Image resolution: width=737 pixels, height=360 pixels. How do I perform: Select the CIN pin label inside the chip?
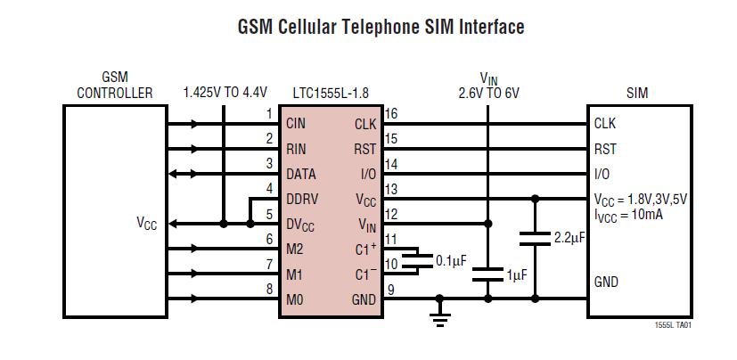click(x=296, y=124)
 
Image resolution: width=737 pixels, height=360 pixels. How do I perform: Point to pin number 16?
click(x=390, y=114)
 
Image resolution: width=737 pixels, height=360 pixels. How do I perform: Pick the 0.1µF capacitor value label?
click(x=451, y=260)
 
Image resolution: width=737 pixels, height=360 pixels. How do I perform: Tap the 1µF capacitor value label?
click(x=517, y=276)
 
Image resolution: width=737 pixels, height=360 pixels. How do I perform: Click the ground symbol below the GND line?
click(x=439, y=315)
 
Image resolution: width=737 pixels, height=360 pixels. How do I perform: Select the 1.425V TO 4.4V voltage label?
click(x=225, y=92)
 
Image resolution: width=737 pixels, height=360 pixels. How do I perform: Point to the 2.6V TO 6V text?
click(x=488, y=92)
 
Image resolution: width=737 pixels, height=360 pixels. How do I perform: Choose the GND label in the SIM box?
click(x=606, y=282)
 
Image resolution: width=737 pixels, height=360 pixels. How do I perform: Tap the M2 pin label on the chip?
click(x=295, y=250)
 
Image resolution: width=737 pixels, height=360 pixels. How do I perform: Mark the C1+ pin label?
click(x=365, y=250)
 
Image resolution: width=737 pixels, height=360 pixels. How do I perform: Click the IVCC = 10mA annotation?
click(x=628, y=214)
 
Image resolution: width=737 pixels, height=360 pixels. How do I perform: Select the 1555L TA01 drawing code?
click(x=673, y=325)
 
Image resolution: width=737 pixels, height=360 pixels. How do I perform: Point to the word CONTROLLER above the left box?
click(x=114, y=92)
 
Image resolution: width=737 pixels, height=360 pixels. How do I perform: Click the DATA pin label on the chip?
click(x=301, y=175)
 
